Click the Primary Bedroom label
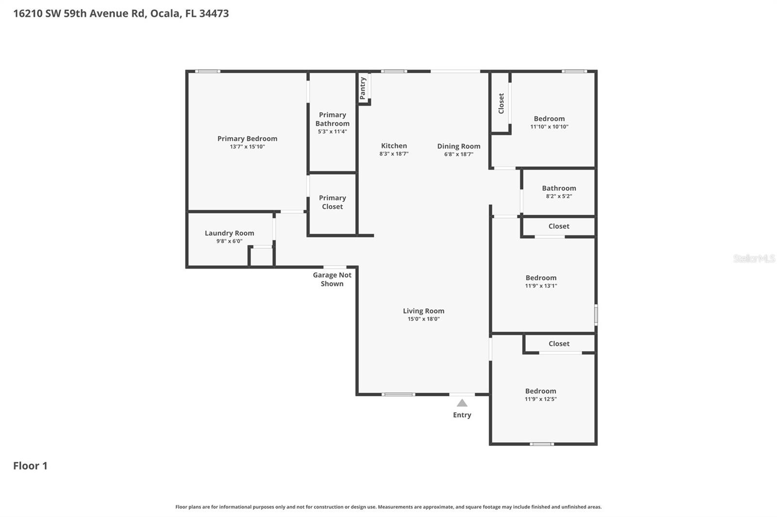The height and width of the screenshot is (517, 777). [247, 139]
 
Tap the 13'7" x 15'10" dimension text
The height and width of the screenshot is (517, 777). [247, 146]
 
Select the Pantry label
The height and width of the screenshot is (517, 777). [363, 88]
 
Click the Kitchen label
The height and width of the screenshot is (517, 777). [394, 145]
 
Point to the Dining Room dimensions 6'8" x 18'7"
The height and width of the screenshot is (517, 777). [458, 154]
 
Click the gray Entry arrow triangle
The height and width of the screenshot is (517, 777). [462, 403]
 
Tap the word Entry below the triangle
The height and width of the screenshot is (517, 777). [462, 415]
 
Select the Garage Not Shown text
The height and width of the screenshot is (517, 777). [332, 279]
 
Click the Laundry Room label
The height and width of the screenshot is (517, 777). [229, 233]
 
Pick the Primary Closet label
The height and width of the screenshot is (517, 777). [332, 202]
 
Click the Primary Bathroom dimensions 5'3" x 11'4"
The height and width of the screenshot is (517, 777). [332, 131]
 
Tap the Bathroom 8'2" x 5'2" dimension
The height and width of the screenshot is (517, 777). [559, 196]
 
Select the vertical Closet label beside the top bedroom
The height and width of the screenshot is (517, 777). [501, 103]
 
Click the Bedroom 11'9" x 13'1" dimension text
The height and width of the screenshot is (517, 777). [541, 286]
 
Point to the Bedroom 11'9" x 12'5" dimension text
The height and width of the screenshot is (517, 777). [541, 399]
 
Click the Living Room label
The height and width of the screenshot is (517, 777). [423, 311]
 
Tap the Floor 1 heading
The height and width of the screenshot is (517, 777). [30, 466]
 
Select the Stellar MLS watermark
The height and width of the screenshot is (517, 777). [754, 258]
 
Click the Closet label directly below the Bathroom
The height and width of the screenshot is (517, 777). [559, 226]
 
